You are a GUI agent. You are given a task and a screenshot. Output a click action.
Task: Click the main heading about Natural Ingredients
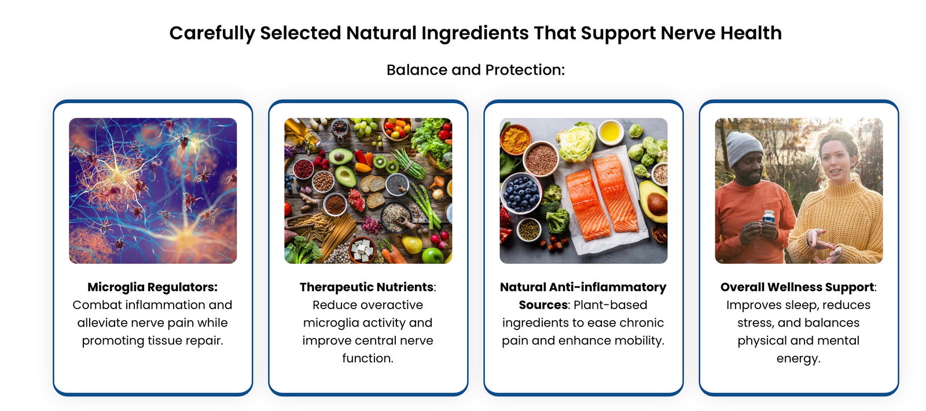point(475,33)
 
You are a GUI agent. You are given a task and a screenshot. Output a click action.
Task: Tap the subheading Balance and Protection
point(475,70)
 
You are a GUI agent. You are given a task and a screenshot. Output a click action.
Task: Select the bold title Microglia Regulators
point(152,287)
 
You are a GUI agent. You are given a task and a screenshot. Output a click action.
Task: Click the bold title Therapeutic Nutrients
point(366,287)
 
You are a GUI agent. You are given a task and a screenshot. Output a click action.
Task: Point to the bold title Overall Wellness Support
point(797,287)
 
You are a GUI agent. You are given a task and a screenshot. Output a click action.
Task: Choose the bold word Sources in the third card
point(543,304)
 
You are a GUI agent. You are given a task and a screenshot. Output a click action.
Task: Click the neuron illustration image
point(153,190)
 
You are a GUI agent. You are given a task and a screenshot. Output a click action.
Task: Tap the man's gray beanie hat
point(744,148)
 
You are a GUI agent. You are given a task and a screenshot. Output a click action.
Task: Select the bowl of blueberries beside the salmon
point(521,193)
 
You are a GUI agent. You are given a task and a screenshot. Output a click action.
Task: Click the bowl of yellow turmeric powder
point(516,139)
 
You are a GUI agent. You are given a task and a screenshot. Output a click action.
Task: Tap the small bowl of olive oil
point(611,131)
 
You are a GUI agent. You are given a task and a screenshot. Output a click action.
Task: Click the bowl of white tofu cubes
point(362,251)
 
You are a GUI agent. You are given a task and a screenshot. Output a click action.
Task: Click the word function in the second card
point(368,358)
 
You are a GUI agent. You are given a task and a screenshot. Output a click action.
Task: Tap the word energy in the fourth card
point(798,358)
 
